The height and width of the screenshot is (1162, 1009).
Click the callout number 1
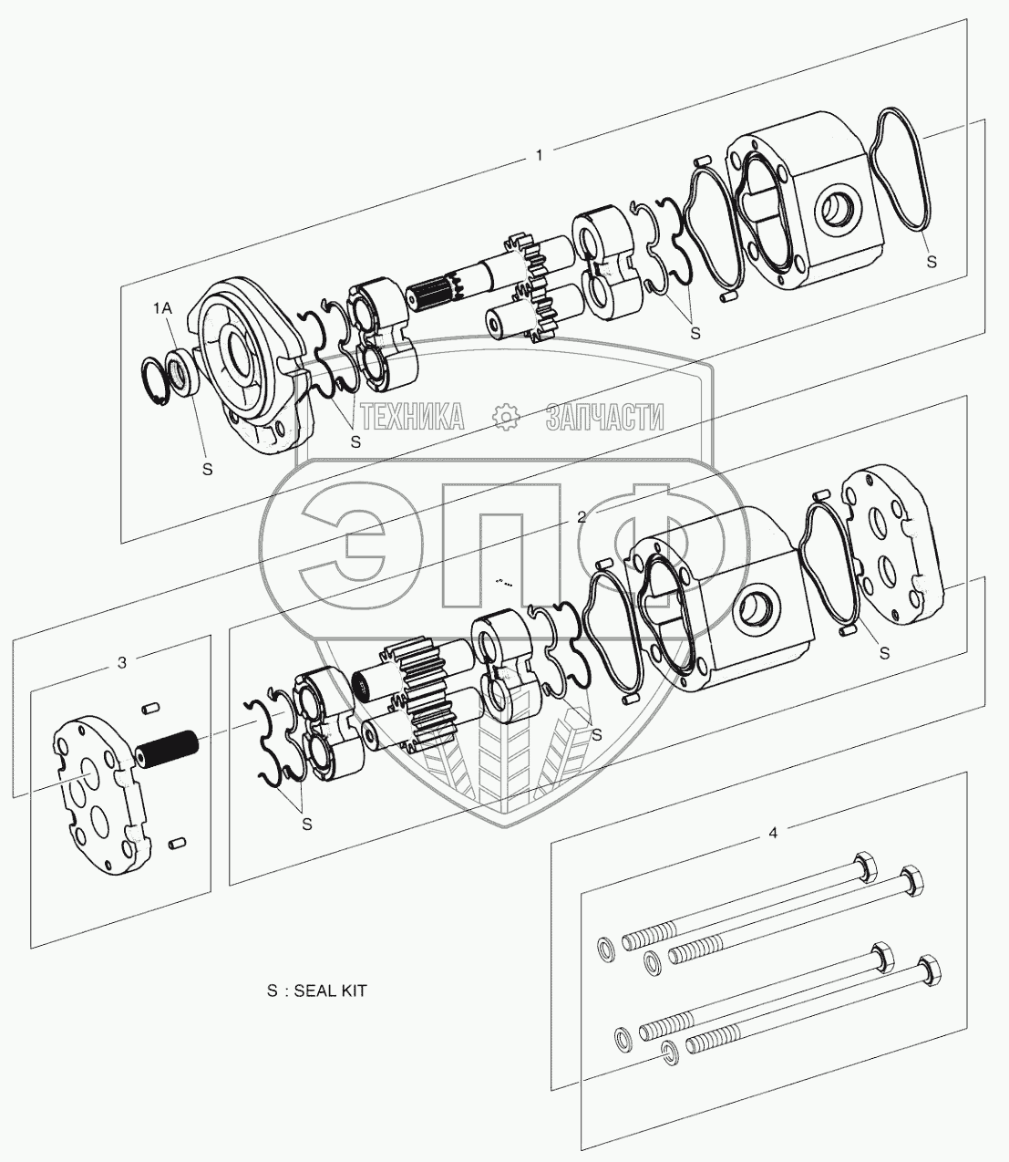[x=540, y=154]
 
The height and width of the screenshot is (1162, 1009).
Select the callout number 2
[x=582, y=517]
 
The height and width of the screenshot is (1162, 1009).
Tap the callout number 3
[x=121, y=662]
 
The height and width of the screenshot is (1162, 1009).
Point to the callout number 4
[x=773, y=833]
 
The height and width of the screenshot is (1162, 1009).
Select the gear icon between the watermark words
[x=506, y=417]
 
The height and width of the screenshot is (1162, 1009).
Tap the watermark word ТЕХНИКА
[x=413, y=417]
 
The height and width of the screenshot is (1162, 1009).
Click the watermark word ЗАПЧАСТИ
[x=604, y=417]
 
